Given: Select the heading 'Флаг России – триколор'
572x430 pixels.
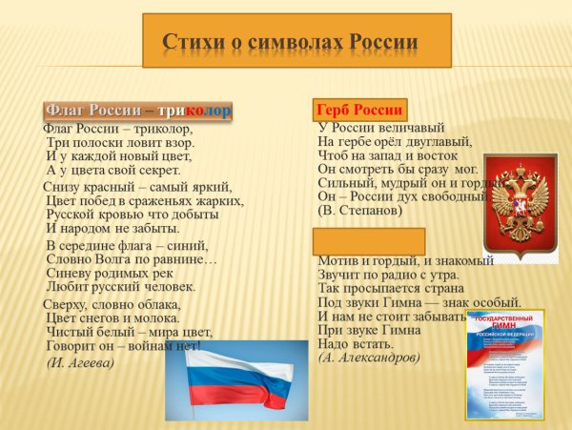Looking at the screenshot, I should pos(138,110).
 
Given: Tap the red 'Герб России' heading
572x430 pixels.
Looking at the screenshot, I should pos(360,109).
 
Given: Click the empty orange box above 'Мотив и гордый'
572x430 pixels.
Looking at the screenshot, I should pos(369,241).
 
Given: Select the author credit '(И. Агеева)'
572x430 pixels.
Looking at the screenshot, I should pos(80,362).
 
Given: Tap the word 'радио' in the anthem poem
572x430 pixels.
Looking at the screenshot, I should pos(411,275).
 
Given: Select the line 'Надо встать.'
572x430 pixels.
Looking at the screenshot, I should pos(355,343).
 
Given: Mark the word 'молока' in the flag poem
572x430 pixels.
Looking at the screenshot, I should pos(156,317).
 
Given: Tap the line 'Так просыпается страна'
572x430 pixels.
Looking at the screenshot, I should pos(389,288).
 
